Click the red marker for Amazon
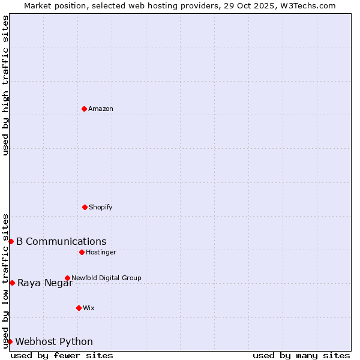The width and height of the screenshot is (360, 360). point(84,109)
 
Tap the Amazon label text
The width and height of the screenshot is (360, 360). point(101,109)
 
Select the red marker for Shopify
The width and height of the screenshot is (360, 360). point(85,207)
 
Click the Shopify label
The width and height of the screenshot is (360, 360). point(101,208)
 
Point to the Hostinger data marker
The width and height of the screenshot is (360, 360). point(82,252)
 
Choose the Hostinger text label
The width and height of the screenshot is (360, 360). point(101,253)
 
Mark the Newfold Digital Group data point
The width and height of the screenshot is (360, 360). point(67,278)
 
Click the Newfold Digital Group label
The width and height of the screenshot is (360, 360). point(106,278)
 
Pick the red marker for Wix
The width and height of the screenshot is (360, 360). point(79,308)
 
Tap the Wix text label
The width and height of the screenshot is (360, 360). point(89,308)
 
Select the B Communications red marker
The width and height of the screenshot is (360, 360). point(11,241)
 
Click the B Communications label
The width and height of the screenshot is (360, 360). point(61,242)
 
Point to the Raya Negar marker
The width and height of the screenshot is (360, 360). point(12,283)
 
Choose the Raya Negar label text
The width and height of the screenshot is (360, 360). point(45,283)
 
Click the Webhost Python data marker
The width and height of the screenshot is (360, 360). point(10,341)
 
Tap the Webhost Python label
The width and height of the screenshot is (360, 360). point(54,342)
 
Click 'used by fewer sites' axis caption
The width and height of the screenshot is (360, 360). point(62,355)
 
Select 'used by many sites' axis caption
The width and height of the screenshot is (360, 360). point(301,355)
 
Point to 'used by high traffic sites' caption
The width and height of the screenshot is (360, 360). point(6,85)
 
